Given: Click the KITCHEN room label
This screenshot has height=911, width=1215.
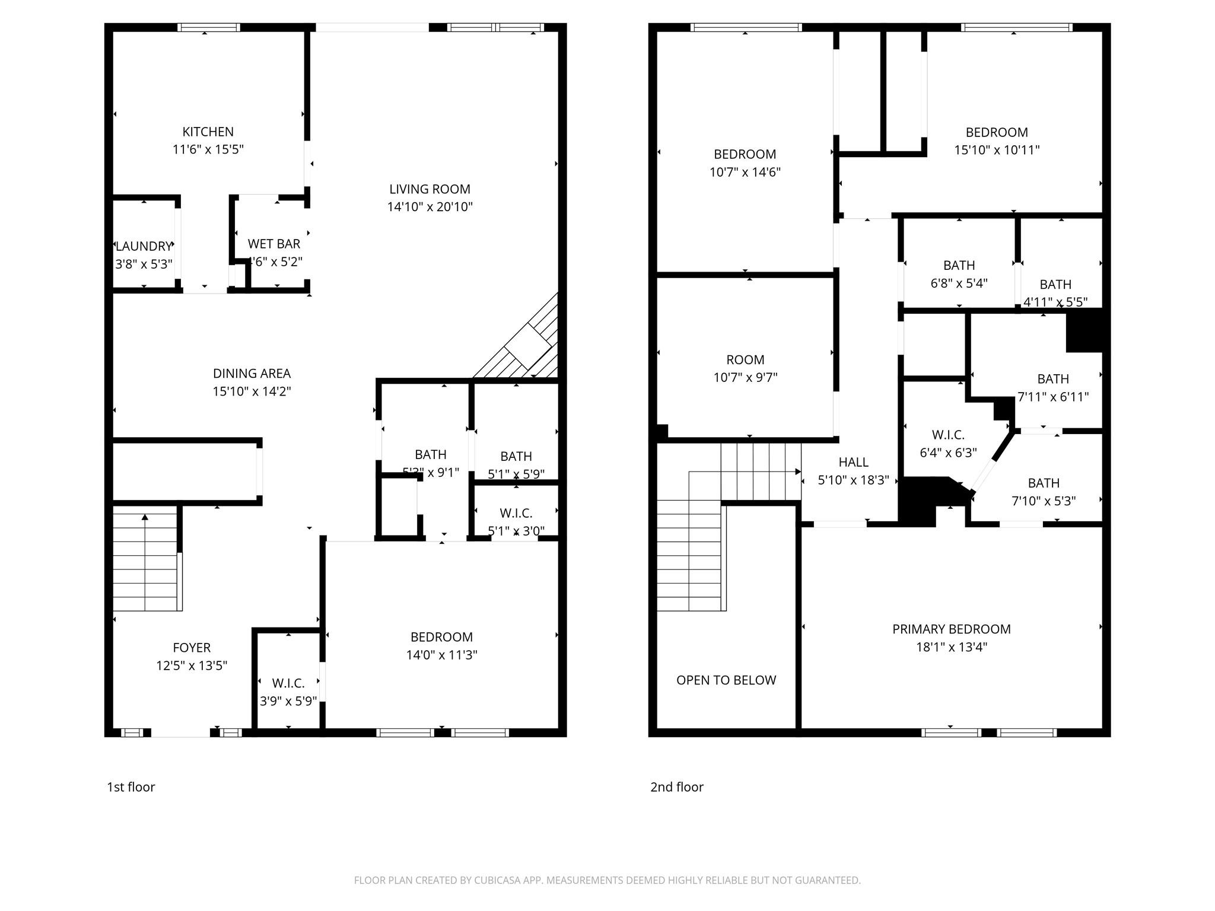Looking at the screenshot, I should (x=208, y=132).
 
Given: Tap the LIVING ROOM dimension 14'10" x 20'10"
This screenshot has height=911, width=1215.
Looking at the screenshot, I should (x=430, y=207).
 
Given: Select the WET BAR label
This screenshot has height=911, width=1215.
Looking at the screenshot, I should (x=273, y=244).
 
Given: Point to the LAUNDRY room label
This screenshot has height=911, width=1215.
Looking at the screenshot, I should (x=144, y=246).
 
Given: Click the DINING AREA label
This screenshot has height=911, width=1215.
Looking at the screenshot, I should (x=252, y=374).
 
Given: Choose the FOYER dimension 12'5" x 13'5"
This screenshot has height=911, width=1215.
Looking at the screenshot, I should (x=192, y=665).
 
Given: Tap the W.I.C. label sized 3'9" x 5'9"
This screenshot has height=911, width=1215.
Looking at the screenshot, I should (x=288, y=683).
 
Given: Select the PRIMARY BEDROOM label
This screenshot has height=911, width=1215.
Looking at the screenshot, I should (x=951, y=629).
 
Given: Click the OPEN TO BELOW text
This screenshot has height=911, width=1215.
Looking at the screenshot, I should (x=726, y=680).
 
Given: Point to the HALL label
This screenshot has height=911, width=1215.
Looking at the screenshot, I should (x=853, y=462).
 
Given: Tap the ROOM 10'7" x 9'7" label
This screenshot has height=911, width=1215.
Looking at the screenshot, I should (x=745, y=360).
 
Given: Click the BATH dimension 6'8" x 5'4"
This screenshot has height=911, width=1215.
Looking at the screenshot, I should (x=959, y=284).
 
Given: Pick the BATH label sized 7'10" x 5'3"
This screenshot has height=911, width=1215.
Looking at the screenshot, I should (x=1044, y=483).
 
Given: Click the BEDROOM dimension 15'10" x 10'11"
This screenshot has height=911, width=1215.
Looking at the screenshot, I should (x=997, y=150).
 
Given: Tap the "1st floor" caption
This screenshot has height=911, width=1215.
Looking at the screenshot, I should (x=131, y=787).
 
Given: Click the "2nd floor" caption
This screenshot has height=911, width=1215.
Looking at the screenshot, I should (x=676, y=787).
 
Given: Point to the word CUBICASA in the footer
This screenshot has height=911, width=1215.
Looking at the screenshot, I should (x=498, y=881).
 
